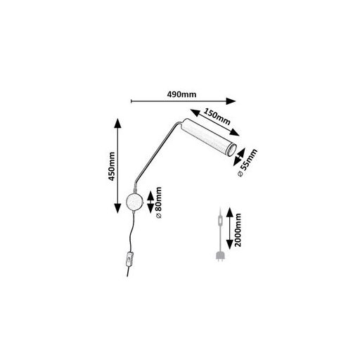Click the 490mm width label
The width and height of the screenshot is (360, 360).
click(x=181, y=94)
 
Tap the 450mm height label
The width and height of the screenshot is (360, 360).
click(x=112, y=166)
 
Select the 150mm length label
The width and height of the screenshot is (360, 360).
click(x=217, y=117)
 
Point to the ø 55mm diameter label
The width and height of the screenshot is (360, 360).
click(x=247, y=162)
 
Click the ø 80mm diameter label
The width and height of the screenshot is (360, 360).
click(x=159, y=202)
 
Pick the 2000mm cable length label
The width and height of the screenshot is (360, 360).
click(x=238, y=230)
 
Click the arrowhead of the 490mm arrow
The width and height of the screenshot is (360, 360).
click(x=231, y=101)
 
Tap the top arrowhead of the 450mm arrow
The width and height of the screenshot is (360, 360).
click(x=117, y=123)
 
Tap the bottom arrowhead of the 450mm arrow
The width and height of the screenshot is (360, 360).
click(x=117, y=208)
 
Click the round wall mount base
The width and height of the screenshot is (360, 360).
click(x=134, y=202)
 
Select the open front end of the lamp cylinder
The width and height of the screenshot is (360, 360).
click(x=232, y=150)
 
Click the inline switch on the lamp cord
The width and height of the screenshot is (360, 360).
click(x=129, y=259)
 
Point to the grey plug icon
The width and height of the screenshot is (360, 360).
click(x=220, y=256)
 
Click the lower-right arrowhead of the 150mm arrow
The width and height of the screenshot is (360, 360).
click(x=234, y=133)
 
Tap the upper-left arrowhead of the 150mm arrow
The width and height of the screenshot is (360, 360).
click(x=195, y=112)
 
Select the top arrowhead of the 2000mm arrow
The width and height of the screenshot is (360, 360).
click(x=230, y=212)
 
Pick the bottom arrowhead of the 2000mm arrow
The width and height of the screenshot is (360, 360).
click(x=230, y=244)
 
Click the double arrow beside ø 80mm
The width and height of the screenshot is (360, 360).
click(x=150, y=202)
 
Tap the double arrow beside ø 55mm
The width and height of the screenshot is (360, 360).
click(x=239, y=157)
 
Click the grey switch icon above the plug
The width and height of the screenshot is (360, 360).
click(x=220, y=221)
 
